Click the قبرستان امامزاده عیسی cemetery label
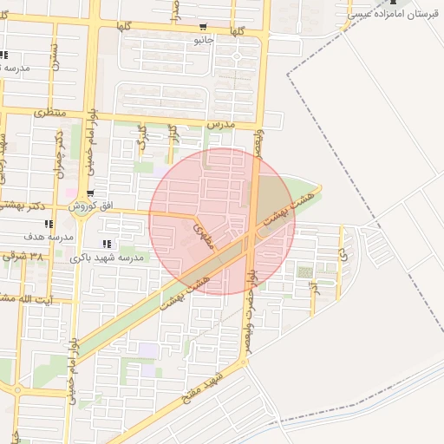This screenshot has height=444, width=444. point(391,14)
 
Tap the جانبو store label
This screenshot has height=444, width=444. point(204,39)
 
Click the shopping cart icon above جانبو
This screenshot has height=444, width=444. point(204,26)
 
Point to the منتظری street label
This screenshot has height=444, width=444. point(50,113)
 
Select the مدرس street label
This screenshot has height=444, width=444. point(222,125)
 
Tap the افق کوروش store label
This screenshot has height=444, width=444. point(89,206)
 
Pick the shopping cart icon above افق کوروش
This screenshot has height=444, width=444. point(90,193)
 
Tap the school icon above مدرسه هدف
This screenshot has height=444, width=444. point(49,224)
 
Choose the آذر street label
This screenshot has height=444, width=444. point(314,284)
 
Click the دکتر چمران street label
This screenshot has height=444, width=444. point(60,155)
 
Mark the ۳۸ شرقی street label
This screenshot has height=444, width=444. point(23,257)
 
